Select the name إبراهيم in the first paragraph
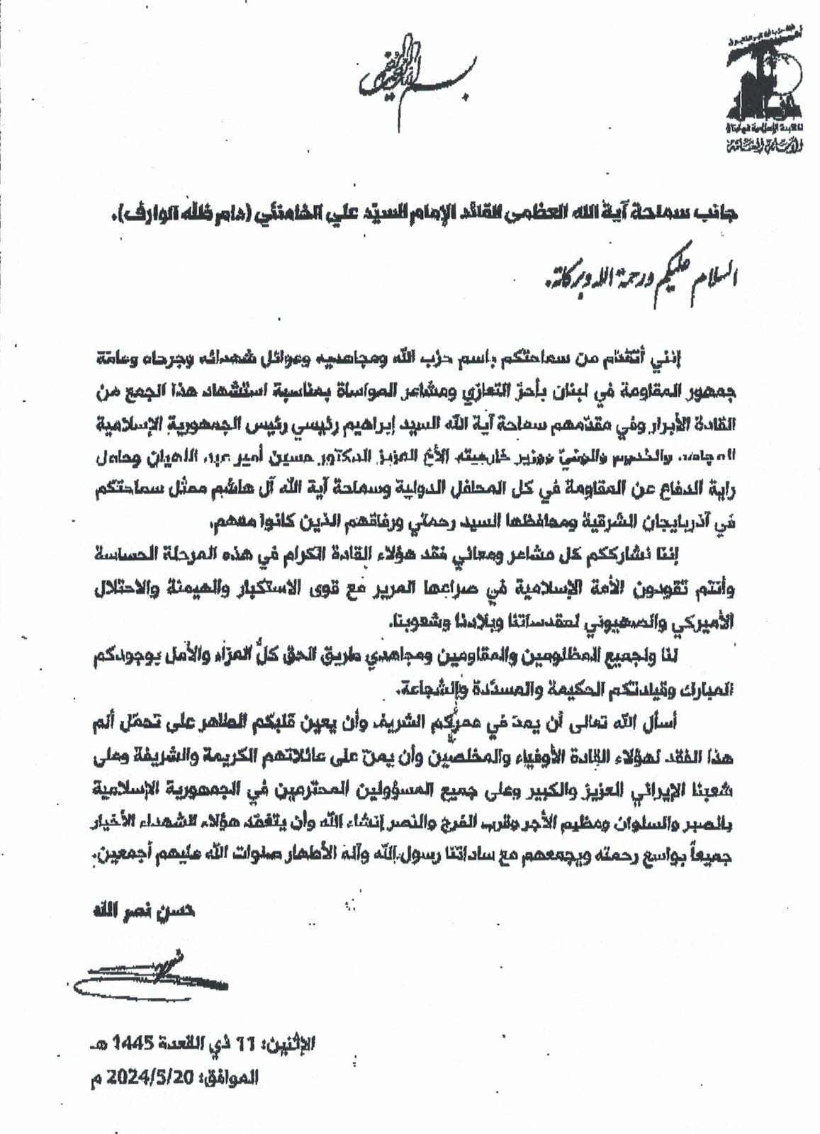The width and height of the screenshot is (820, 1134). point(387,425)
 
